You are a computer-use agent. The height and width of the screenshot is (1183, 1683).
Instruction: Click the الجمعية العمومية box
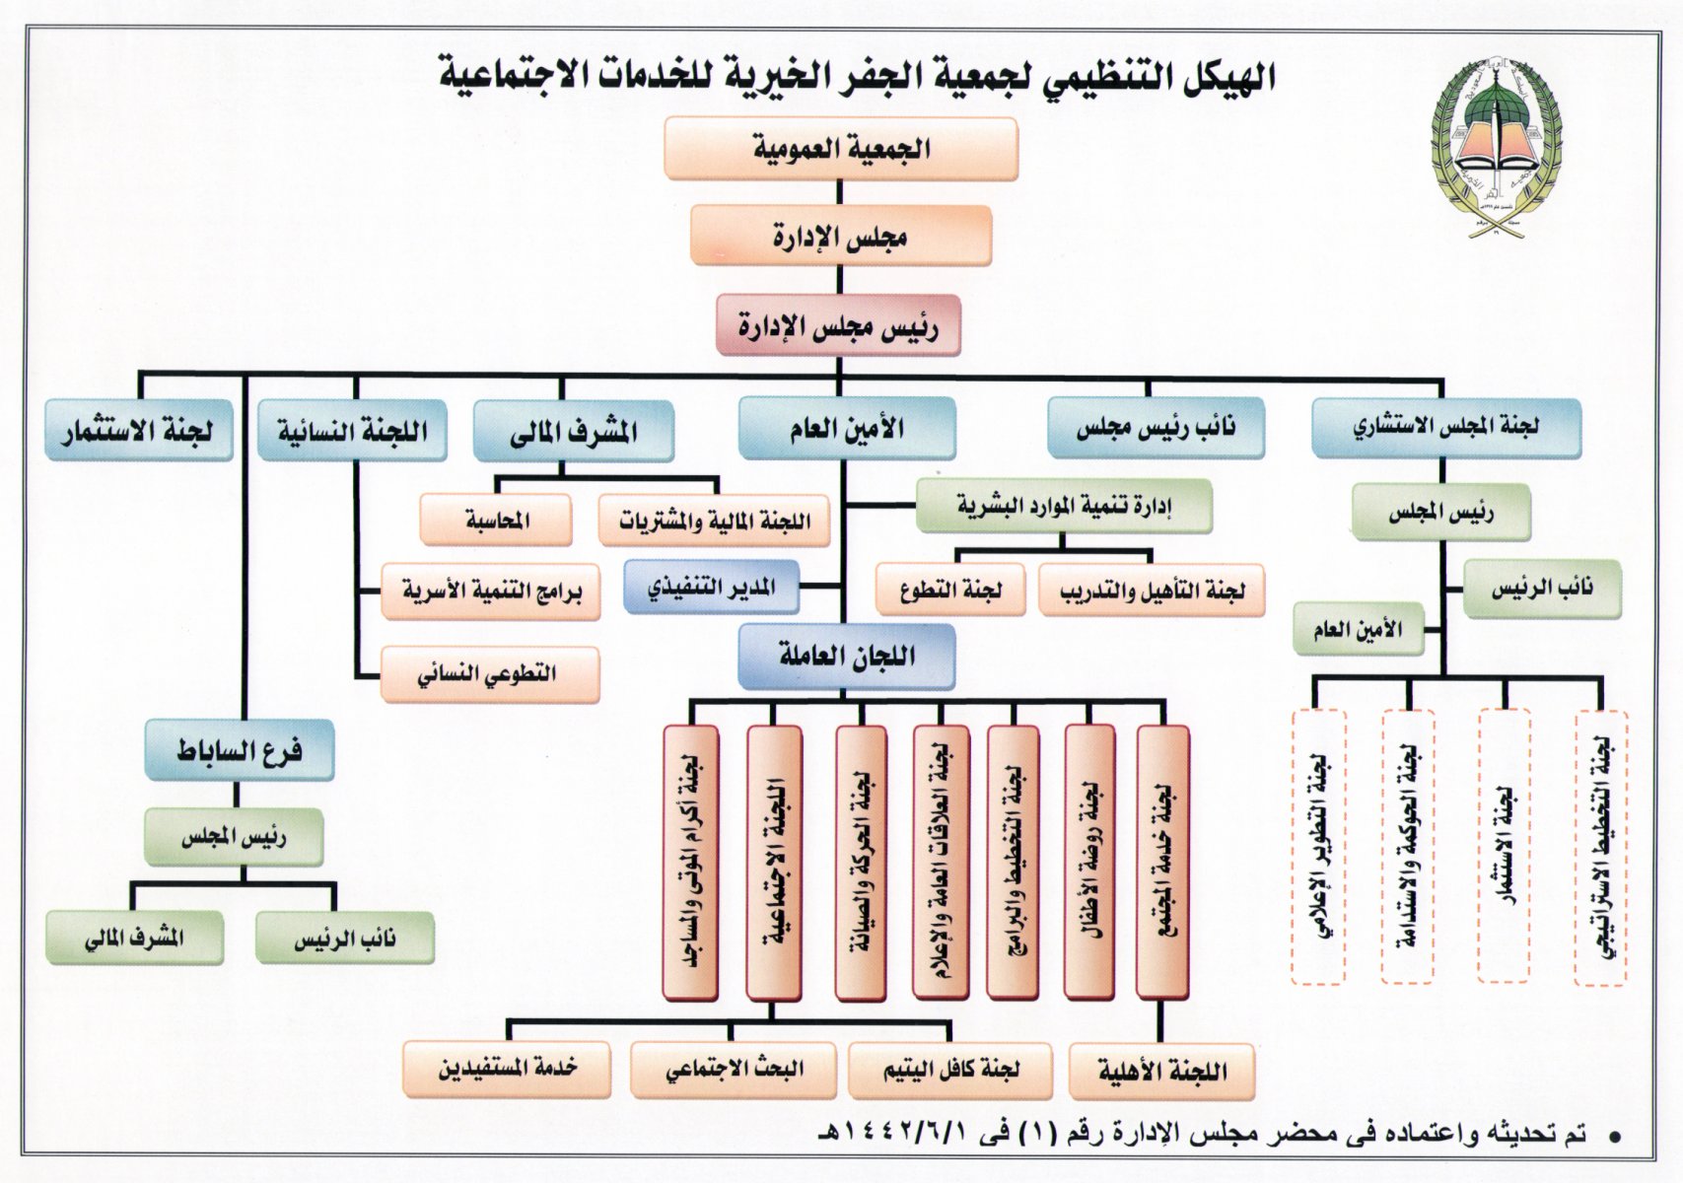pyautogui.click(x=841, y=149)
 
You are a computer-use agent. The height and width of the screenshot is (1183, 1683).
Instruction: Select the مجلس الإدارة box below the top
pyautogui.click(x=841, y=237)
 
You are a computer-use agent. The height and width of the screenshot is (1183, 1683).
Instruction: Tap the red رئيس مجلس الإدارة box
pyautogui.click(x=839, y=325)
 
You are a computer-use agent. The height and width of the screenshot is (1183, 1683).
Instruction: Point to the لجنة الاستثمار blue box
pyautogui.click(x=139, y=431)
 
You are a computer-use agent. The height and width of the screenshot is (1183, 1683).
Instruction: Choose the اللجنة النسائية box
pyautogui.click(x=352, y=431)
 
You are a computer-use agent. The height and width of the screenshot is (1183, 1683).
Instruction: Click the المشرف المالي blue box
pyautogui.click(x=574, y=431)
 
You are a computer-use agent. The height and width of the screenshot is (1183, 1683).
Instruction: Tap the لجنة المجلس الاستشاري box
pyautogui.click(x=1445, y=427)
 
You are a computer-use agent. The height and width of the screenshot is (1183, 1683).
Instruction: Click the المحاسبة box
pyautogui.click(x=497, y=520)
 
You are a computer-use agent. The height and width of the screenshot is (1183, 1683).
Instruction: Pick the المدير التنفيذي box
pyautogui.click(x=712, y=588)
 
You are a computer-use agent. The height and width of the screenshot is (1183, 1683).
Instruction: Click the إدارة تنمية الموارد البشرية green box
pyautogui.click(x=1064, y=506)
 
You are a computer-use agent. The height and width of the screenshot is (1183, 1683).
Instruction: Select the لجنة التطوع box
pyautogui.click(x=950, y=590)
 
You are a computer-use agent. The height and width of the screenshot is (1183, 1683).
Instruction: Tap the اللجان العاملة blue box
pyautogui.click(x=847, y=656)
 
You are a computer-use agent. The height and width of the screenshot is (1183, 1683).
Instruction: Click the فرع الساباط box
pyautogui.click(x=240, y=751)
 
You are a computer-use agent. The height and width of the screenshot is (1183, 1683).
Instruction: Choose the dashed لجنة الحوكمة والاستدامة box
pyautogui.click(x=1407, y=847)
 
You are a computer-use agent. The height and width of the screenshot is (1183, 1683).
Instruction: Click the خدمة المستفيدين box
pyautogui.click(x=507, y=1069)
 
